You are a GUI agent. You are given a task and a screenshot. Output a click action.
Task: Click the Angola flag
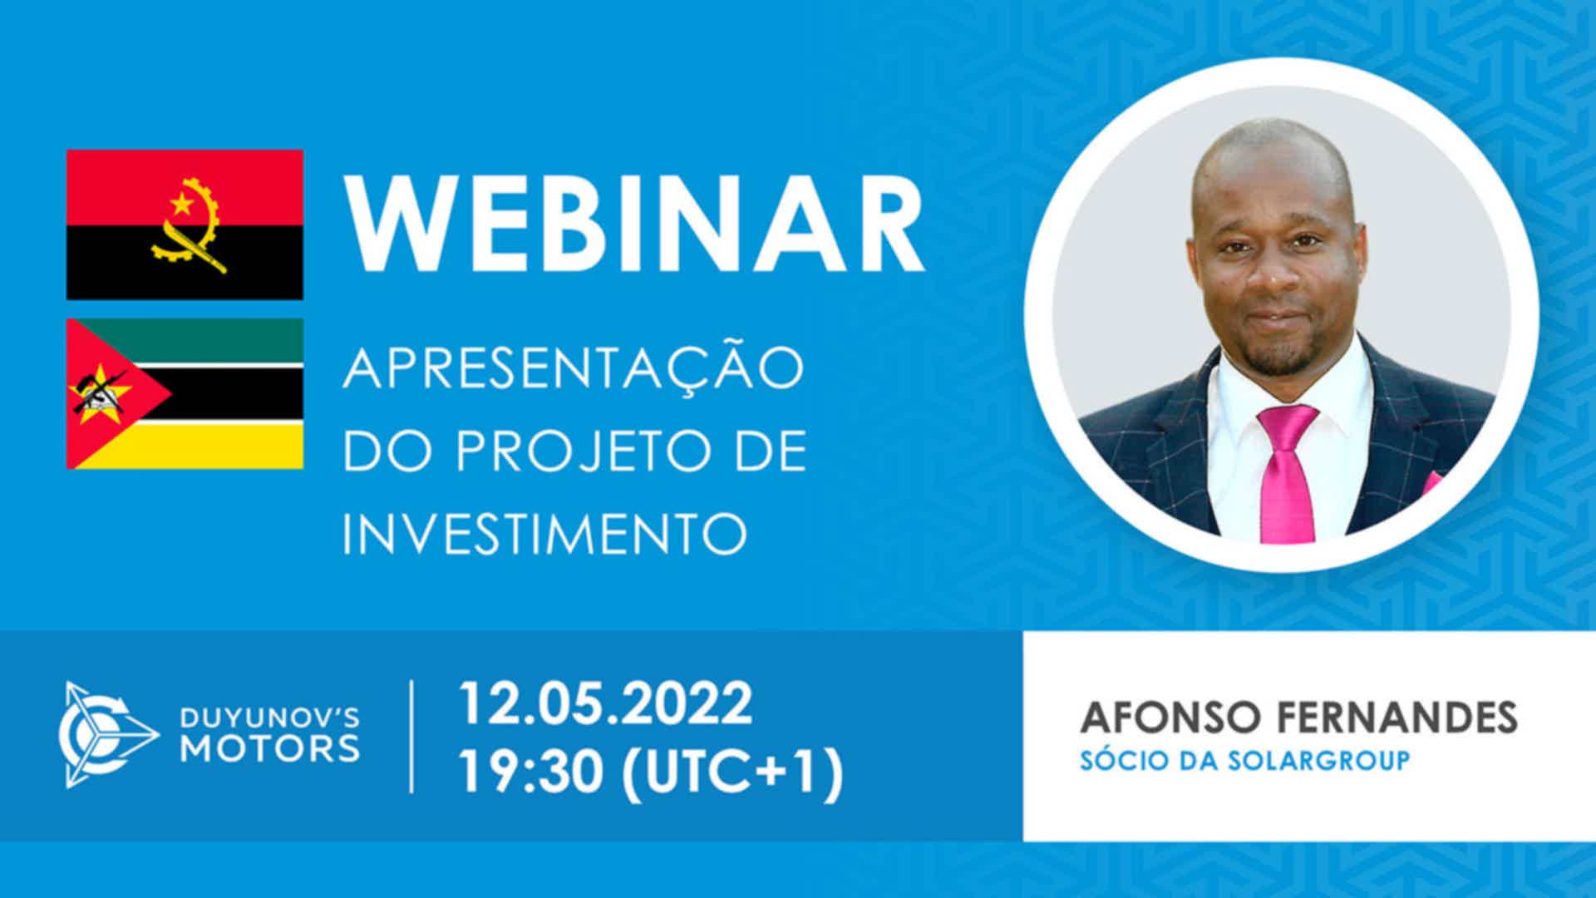[x=185, y=224]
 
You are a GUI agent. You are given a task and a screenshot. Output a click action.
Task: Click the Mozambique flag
[x=185, y=393]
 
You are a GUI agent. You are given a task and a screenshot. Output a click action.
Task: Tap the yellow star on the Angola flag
[x=180, y=201]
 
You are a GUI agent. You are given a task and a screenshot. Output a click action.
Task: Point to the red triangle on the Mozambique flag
[x=108, y=393]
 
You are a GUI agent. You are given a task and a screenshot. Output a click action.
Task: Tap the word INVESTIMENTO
[x=545, y=533]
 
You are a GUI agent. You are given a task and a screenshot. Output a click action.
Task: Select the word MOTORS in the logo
[x=270, y=748]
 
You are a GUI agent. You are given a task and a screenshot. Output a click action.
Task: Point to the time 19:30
[x=531, y=772]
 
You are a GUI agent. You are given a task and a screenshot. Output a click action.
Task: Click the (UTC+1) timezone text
[x=732, y=774]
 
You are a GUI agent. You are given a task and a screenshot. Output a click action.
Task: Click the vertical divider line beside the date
[x=412, y=736]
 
